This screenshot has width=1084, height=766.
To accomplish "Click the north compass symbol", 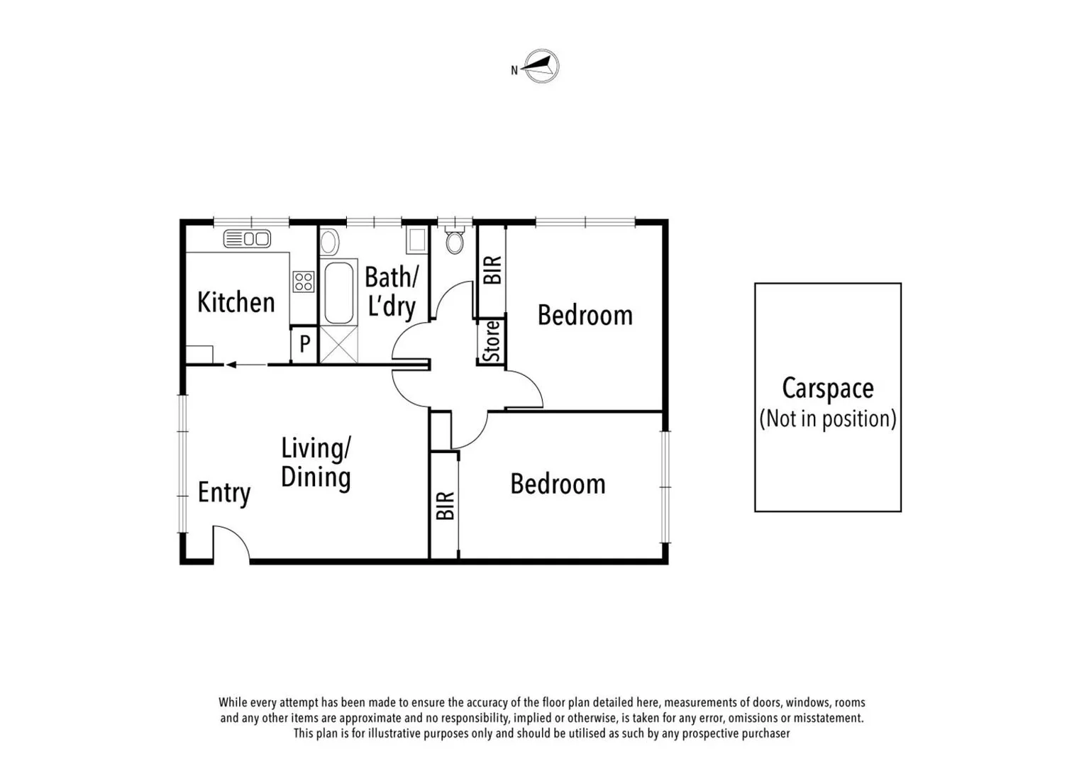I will (541, 67).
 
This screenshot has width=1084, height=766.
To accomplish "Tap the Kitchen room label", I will (236, 303).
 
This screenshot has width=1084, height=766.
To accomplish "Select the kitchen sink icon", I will (247, 239).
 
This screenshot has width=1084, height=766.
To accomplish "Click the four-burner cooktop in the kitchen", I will (304, 282).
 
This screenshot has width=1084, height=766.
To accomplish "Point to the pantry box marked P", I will (304, 345).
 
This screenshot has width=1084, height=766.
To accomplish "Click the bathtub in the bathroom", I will (338, 293).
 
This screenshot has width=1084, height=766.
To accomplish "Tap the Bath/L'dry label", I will (391, 292).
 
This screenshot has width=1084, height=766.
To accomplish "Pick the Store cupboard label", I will (492, 341).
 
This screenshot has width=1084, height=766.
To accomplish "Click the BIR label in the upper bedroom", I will (492, 270).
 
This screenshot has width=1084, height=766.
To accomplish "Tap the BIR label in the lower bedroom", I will (445, 506).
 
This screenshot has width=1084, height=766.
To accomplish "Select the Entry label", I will (223, 493).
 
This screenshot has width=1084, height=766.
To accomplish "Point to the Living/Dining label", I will (316, 463).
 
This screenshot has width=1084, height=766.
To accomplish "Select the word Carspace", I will (827, 389).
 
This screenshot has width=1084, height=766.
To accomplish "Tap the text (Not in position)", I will (827, 419).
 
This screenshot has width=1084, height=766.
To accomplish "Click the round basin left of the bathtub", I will (329, 243).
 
